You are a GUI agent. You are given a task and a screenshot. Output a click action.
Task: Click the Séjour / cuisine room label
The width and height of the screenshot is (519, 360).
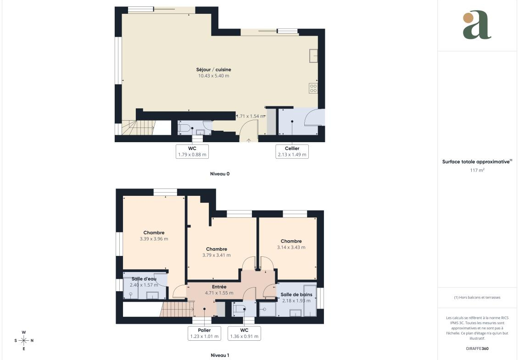coord(213,70)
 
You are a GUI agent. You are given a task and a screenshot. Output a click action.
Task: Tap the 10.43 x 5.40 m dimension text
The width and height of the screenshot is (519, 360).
coord(213,76)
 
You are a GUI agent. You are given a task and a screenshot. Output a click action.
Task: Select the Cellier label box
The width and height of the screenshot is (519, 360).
coord(292,151)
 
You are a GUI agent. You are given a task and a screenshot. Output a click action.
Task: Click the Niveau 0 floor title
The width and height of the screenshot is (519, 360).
coord(220,174)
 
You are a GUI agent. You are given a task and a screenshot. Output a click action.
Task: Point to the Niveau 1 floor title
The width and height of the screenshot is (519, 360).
coord(220,355)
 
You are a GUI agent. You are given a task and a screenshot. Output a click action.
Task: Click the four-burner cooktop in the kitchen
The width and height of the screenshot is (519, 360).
coord(313,89)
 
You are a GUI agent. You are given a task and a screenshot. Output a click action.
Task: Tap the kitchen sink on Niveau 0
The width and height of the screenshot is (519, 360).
coord(313,56)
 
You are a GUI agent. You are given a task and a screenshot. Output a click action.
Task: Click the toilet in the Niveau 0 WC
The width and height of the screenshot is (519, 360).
coord(184,128)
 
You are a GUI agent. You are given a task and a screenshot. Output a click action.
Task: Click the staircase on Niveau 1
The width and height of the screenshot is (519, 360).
coord(177,310)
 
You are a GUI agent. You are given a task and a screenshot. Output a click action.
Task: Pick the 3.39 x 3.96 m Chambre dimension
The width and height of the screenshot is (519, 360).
coord(154,239)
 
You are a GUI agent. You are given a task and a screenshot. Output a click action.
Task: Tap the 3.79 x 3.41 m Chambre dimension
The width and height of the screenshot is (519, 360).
coord(217,255)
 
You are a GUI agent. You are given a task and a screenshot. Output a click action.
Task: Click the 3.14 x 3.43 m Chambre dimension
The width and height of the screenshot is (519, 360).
coord(291,247)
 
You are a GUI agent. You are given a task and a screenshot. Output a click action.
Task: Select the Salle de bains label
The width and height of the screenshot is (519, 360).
coord(296,294)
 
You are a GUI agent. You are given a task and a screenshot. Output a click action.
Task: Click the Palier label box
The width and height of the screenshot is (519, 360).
coord(204,333)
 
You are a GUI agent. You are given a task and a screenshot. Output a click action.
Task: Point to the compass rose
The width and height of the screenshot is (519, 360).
coord(23,340)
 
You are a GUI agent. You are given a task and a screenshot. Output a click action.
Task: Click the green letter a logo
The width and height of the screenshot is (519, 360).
coord(477,25)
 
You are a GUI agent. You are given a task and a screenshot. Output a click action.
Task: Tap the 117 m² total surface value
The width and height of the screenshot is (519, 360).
coord(477,170)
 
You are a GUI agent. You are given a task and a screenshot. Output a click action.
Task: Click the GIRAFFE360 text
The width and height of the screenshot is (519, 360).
coord(477,349)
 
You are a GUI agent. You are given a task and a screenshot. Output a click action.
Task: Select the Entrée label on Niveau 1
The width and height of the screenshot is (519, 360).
coord(219,287)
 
